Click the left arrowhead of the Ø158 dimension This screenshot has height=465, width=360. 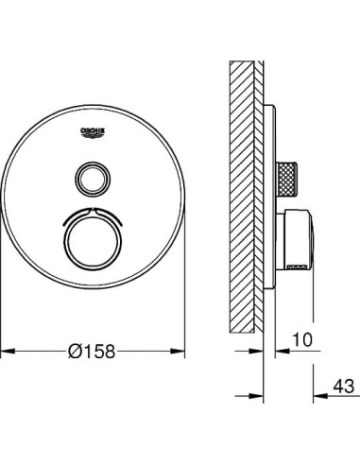point(6,351)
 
